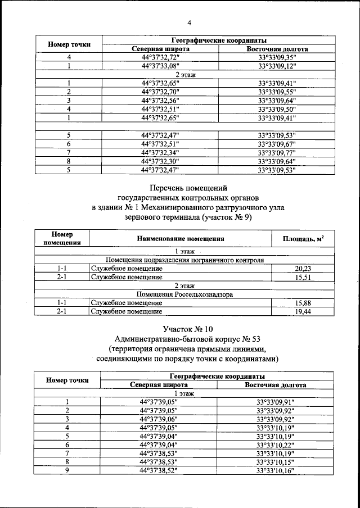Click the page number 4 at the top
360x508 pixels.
click(x=190, y=23)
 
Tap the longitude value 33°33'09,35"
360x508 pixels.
click(x=277, y=57)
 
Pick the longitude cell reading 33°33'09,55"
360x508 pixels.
click(x=277, y=92)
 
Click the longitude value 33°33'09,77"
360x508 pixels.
click(x=277, y=152)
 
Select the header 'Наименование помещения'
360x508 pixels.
click(x=180, y=239)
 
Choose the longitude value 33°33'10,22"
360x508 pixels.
click(x=276, y=444)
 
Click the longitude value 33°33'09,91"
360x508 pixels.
click(x=276, y=402)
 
